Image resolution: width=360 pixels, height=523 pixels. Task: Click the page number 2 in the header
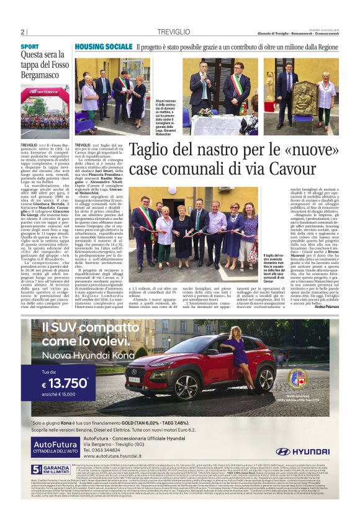pyautogui.click(x=22, y=32)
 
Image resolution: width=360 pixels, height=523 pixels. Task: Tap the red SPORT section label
pyautogui.click(x=29, y=47)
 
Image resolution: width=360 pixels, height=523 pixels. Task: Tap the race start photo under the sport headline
pyautogui.click(x=45, y=112)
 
